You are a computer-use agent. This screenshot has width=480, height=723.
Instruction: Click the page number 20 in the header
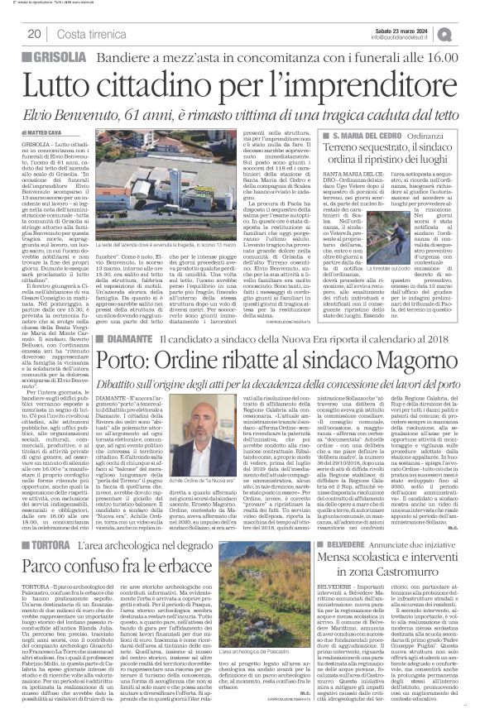(x=35, y=33)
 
